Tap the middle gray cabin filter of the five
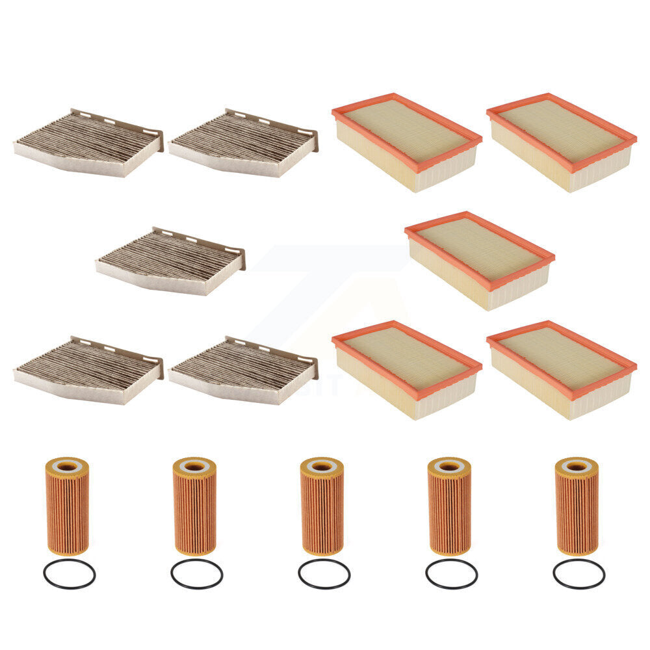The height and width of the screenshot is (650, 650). click(x=170, y=261)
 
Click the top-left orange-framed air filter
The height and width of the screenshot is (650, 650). click(x=406, y=142)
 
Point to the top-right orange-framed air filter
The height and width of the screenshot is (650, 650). click(x=561, y=142)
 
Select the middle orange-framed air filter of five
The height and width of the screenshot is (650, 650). click(x=479, y=260)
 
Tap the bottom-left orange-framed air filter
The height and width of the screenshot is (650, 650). click(x=406, y=369)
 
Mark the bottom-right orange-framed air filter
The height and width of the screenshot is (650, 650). click(x=561, y=369)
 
